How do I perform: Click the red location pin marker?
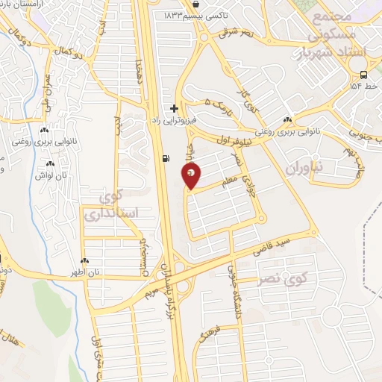pos(191,175)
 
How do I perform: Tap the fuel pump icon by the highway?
pos(165,157)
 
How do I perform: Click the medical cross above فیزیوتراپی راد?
pos(175,108)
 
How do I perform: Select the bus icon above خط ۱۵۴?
pos(363,75)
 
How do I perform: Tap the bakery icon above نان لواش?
pos(50,163)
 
